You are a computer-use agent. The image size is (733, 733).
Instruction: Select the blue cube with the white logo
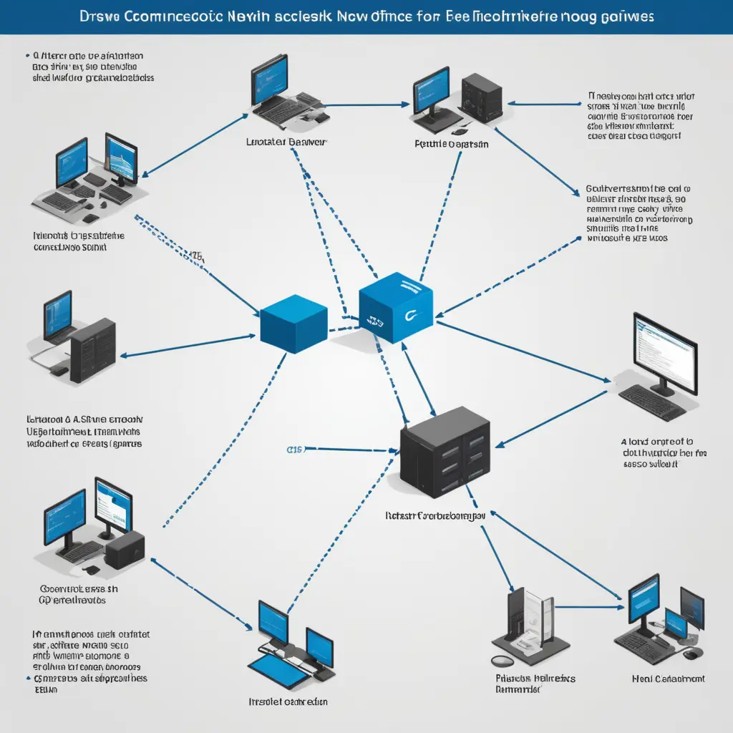(x=395, y=304)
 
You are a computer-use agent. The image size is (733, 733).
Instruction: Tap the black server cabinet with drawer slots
(x=445, y=454)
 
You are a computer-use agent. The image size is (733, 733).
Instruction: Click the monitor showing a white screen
(x=664, y=349)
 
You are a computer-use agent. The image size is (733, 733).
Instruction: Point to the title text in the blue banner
(x=366, y=16)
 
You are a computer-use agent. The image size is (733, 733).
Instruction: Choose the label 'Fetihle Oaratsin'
(x=452, y=144)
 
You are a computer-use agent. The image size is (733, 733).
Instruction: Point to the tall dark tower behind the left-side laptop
(x=93, y=351)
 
